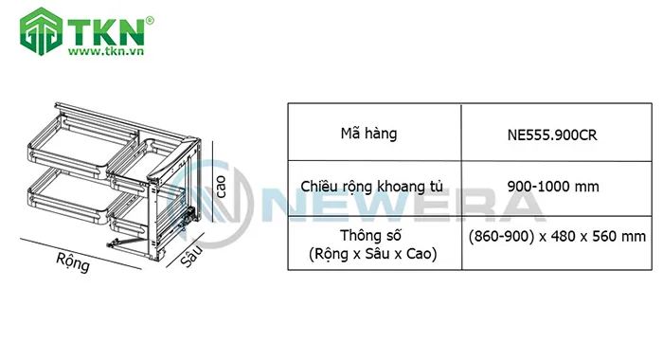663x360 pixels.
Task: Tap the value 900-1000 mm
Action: (x=553, y=186)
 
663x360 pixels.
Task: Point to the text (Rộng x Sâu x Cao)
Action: (x=372, y=255)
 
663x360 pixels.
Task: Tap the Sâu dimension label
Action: (x=192, y=255)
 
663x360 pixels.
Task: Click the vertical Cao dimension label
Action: (x=221, y=180)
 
